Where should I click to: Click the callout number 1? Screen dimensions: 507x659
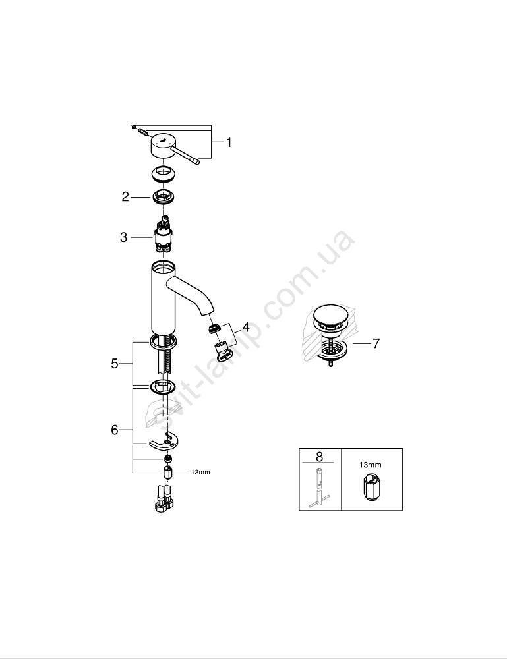pos(229,143)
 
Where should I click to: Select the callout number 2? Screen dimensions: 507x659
pos(125,196)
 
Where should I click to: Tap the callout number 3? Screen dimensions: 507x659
pos(123,237)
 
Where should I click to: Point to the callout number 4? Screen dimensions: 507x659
pos(245,327)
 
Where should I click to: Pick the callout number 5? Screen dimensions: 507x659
pos(115,364)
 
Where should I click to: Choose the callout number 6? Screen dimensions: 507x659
pos(115,430)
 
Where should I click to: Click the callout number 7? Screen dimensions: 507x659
pos(376,343)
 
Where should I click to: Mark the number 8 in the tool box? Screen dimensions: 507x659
pos(320,456)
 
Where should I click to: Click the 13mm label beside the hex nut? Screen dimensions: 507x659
pos(200,473)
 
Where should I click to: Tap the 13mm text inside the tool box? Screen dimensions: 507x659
pos(371,465)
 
